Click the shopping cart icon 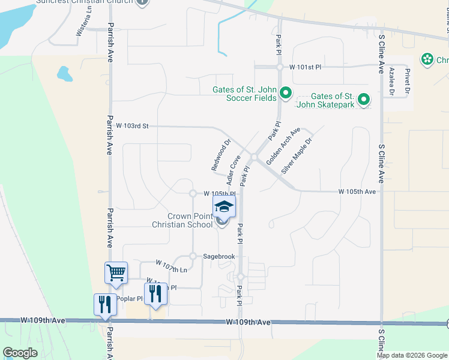click(x=116, y=272)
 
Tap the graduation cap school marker click(x=224, y=207)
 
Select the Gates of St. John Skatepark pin click(x=363, y=100)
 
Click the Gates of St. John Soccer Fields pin click(x=286, y=93)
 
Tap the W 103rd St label click(x=132, y=126)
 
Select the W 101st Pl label click(x=306, y=67)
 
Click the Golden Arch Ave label click(x=283, y=146)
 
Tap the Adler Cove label click(x=234, y=170)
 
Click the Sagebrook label click(x=218, y=256)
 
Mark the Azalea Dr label click(x=391, y=81)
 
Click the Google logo click(x=20, y=352)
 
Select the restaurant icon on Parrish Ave click(x=106, y=304)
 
